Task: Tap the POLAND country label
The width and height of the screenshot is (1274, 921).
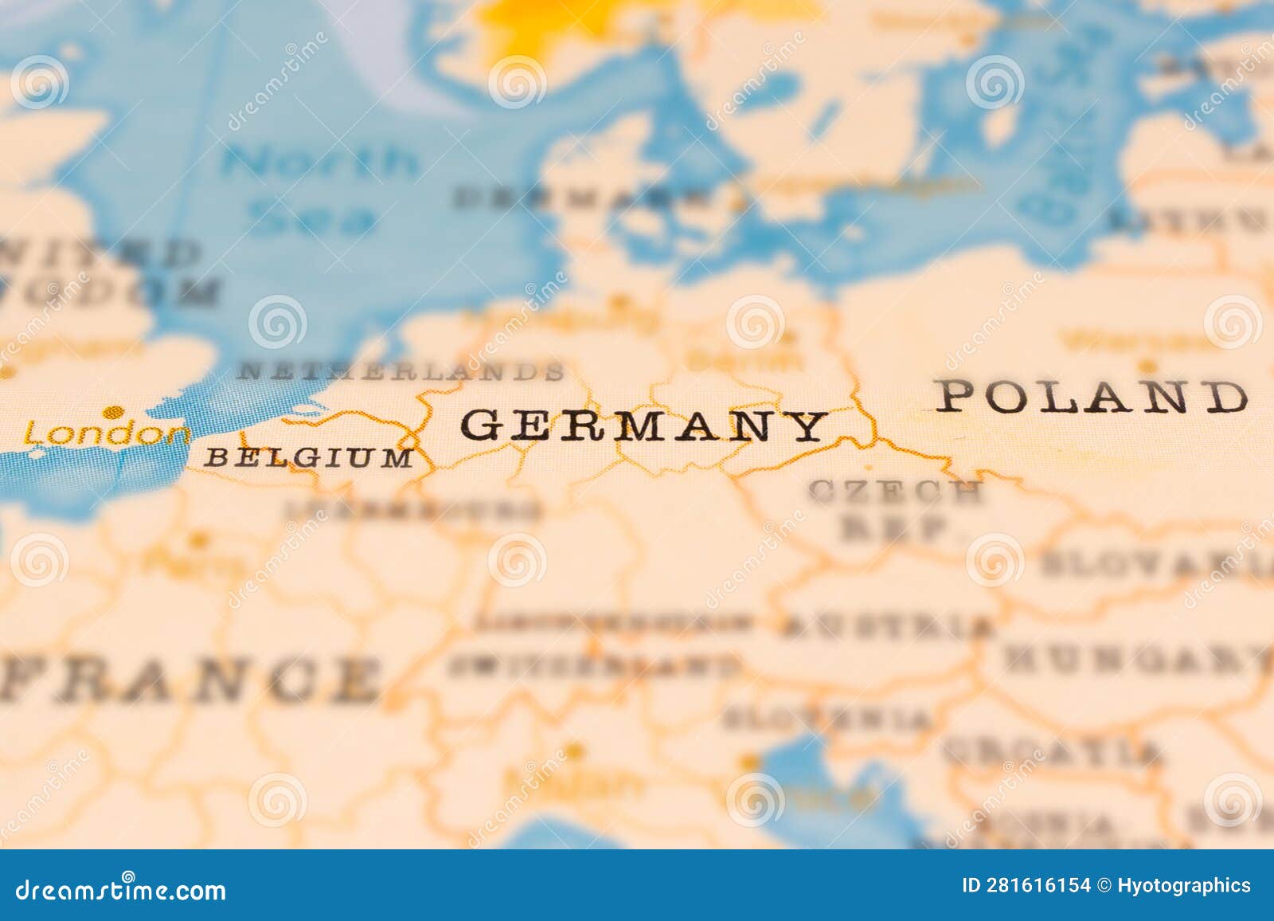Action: [1091, 396]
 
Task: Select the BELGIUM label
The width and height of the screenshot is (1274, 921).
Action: [309, 457]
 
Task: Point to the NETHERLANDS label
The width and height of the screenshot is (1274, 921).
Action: [402, 370]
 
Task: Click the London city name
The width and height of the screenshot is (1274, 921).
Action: [107, 434]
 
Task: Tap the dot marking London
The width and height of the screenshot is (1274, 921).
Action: [115, 412]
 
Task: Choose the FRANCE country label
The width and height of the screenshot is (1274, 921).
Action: [191, 679]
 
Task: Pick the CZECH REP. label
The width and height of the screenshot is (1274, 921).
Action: [896, 510]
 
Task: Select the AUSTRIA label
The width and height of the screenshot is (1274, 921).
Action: [888, 626]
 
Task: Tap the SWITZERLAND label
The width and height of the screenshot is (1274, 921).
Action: [593, 664]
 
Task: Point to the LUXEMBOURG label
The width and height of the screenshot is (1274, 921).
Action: [414, 510]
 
